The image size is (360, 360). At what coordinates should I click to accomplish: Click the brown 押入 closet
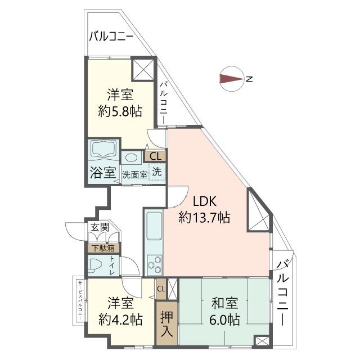click(167, 323)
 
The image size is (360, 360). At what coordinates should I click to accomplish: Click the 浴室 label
click(102, 173)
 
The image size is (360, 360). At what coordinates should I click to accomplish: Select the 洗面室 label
click(135, 174)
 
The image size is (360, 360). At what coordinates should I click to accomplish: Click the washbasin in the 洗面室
click(133, 158)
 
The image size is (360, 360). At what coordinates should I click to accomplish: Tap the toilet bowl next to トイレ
click(96, 265)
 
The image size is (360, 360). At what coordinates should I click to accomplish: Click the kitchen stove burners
click(154, 263)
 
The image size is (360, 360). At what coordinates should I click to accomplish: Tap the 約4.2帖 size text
click(119, 320)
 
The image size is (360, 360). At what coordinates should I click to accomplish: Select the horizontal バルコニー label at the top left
click(111, 38)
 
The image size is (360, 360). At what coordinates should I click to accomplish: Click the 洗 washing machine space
click(157, 171)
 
